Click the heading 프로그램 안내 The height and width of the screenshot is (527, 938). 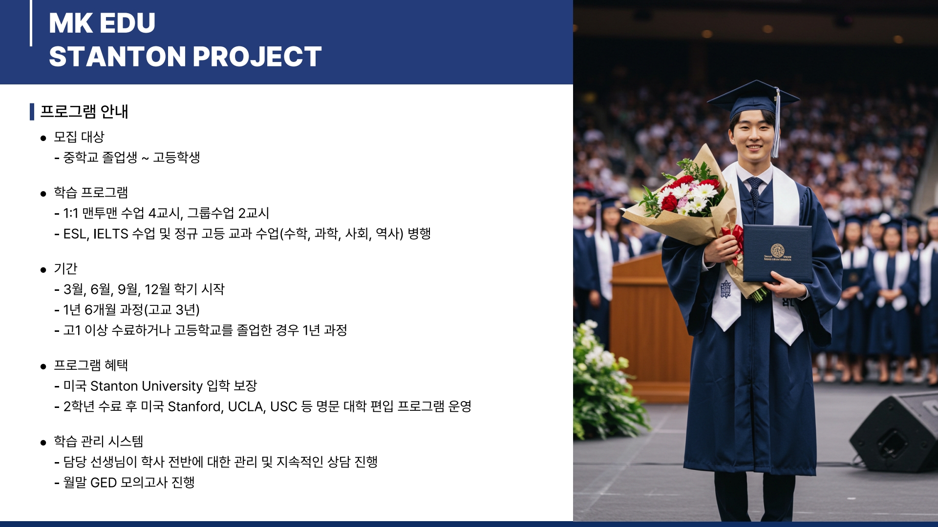[x=84, y=111]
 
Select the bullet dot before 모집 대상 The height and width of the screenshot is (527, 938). [x=43, y=138]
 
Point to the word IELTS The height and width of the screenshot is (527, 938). [x=110, y=234]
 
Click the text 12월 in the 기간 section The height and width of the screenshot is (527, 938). [x=157, y=289]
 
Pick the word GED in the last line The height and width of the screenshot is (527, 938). [x=104, y=483]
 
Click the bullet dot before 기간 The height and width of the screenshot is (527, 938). [x=43, y=270]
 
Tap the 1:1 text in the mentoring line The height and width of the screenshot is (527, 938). [x=71, y=213]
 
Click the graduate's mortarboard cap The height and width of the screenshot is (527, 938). [x=753, y=100]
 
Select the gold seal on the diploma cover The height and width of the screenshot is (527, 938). [x=777, y=250]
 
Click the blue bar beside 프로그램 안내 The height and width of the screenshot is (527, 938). [x=32, y=112]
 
